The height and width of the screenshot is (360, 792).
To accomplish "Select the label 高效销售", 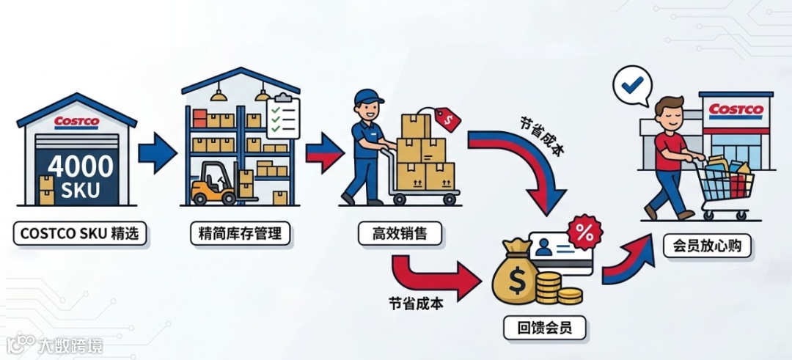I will click(x=400, y=234).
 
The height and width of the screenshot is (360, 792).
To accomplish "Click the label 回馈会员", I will click(x=545, y=327).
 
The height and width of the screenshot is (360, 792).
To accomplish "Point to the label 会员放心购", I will click(x=706, y=246).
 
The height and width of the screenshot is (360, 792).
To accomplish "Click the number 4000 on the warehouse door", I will click(x=81, y=166).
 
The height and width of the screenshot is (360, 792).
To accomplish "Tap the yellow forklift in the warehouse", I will click(x=213, y=185).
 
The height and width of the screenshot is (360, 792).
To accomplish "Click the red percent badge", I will click(x=585, y=234).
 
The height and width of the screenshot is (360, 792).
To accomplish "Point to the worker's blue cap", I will click(x=368, y=98).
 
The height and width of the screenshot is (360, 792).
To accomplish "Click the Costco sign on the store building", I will click(x=736, y=111).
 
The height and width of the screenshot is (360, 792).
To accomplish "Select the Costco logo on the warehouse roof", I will click(x=77, y=122).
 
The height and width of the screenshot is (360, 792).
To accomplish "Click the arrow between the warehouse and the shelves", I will click(x=157, y=153).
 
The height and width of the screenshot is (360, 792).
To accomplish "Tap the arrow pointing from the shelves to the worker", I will click(x=323, y=153).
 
